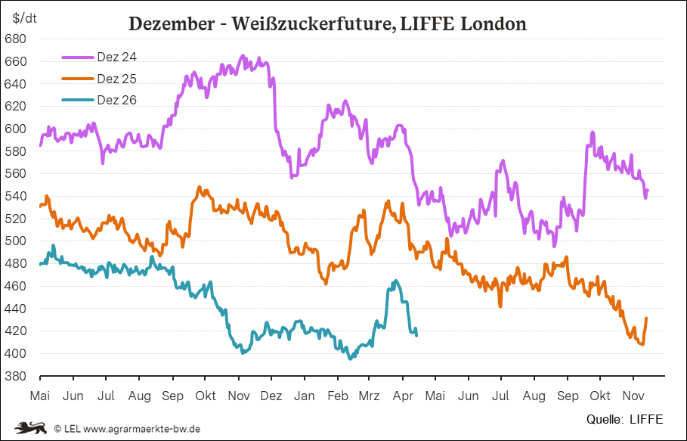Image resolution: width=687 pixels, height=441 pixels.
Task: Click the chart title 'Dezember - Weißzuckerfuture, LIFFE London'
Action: (x=327, y=23)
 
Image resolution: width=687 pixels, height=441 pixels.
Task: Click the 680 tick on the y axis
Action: (x=16, y=39)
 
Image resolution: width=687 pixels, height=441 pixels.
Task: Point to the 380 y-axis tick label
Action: (x=16, y=376)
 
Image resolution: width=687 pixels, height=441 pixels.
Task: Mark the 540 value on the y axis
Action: (x=16, y=196)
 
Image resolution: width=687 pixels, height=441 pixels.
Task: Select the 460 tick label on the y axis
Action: (x=16, y=286)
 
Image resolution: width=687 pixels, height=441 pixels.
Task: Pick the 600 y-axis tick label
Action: (x=16, y=129)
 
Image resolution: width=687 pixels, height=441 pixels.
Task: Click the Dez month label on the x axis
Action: (x=271, y=396)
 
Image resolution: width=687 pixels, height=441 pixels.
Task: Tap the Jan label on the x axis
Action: (x=305, y=396)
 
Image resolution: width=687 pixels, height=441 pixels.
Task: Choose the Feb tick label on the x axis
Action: (x=337, y=396)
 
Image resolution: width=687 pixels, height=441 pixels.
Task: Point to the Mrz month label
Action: (x=370, y=396)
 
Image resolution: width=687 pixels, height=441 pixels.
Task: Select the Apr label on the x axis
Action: (x=403, y=396)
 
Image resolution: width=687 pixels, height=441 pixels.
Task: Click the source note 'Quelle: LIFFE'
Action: (x=624, y=418)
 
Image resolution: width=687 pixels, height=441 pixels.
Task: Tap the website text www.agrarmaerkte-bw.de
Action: (x=141, y=428)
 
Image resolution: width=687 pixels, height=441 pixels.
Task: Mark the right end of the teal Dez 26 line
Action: (x=417, y=335)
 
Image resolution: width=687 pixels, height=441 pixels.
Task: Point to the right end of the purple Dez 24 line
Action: (x=648, y=191)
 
